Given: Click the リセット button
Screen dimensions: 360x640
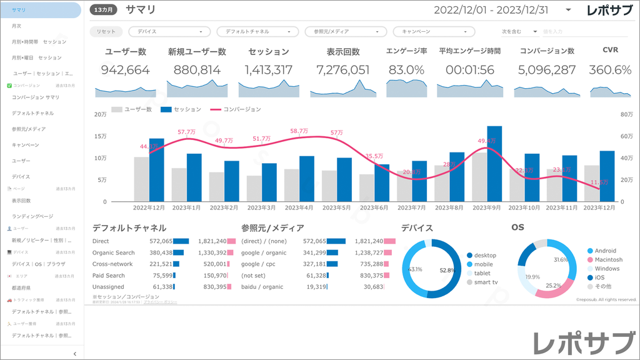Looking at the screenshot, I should tap(106, 31).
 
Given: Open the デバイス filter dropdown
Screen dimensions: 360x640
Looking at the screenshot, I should tap(169, 31).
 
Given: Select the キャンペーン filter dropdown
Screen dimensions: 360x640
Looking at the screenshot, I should tap(434, 31).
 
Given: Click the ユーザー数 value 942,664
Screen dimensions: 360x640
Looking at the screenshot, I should tap(125, 70).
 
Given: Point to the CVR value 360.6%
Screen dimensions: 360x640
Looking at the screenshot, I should tap(610, 70).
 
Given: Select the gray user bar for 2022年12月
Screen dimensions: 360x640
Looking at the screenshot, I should tap(141, 179).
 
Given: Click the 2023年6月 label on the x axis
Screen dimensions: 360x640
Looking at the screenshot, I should tap(374, 207).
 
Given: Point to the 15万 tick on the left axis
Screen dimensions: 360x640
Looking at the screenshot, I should tap(100, 136).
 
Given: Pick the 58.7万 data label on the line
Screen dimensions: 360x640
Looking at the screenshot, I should tap(299, 131).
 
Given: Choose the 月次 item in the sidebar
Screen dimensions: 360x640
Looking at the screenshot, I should tap(17, 26).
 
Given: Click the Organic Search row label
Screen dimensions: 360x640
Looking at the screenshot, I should tap(113, 252).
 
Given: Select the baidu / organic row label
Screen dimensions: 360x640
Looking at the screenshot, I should tap(262, 286).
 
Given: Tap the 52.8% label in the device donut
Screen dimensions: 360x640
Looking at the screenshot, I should tap(446, 271).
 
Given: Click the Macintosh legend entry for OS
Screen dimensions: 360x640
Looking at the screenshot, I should tap(608, 259).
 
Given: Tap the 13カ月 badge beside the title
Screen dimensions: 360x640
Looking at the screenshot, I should tap(104, 10).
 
